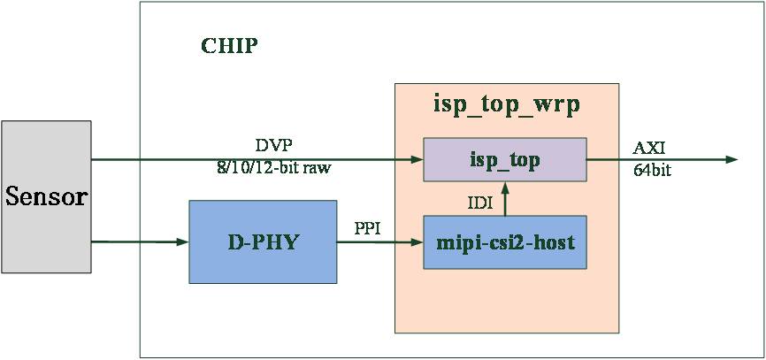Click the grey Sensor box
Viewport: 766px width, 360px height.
click(x=46, y=197)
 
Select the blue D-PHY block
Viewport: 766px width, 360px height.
click(x=263, y=241)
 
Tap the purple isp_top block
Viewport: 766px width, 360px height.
click(x=505, y=160)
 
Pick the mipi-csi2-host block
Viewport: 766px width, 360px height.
click(x=505, y=242)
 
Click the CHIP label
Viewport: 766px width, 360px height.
click(x=229, y=46)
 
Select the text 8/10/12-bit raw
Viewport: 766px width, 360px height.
click(x=273, y=169)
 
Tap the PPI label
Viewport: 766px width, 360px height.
click(x=367, y=228)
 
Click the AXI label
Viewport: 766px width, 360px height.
click(x=648, y=148)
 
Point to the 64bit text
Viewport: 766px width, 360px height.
click(x=652, y=171)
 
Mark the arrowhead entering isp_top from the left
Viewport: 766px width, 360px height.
click(x=417, y=160)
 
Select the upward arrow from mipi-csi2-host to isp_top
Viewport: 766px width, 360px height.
click(x=505, y=199)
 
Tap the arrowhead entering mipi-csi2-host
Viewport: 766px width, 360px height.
click(x=417, y=242)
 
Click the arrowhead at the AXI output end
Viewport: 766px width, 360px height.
click(x=732, y=159)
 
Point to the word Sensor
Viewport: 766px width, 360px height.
click(x=46, y=197)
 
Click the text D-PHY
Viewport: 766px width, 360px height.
click(x=263, y=242)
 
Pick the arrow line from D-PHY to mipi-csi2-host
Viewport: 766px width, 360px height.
click(x=380, y=242)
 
